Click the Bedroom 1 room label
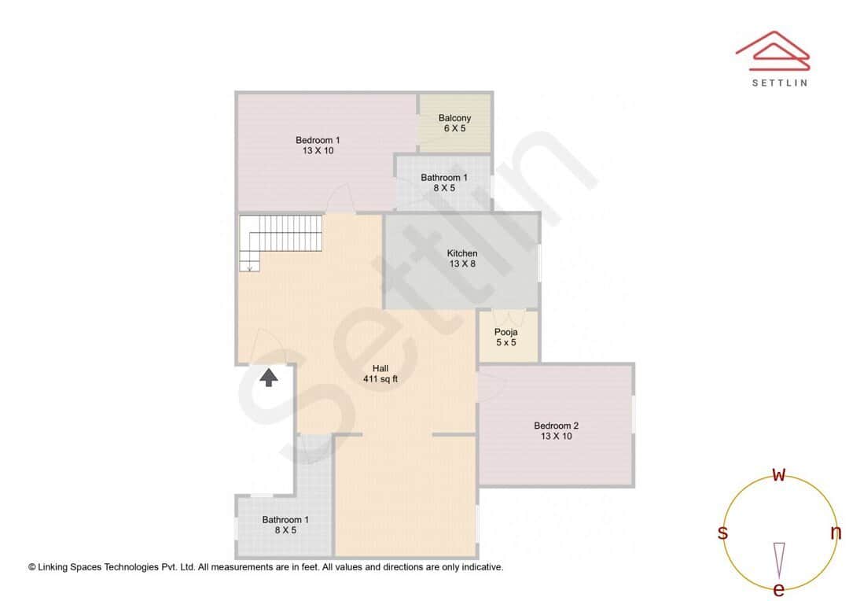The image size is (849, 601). (x=318, y=140)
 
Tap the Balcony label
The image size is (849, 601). (x=455, y=118)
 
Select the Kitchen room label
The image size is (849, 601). (x=462, y=253)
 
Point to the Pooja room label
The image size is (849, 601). (x=505, y=332)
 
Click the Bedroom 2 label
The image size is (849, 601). (x=556, y=426)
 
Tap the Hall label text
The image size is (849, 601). (x=380, y=368)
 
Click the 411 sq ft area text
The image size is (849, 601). (x=380, y=379)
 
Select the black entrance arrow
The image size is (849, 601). (x=269, y=378)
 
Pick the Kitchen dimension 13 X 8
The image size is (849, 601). (x=462, y=264)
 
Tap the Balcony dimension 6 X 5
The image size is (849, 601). (x=455, y=128)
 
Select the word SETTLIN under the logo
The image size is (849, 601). (x=779, y=82)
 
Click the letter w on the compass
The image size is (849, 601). (x=779, y=475)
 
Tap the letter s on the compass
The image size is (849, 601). (x=722, y=533)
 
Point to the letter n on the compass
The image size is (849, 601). (x=836, y=533)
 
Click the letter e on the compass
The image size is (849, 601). (x=779, y=589)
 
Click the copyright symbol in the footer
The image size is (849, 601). (x=32, y=566)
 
